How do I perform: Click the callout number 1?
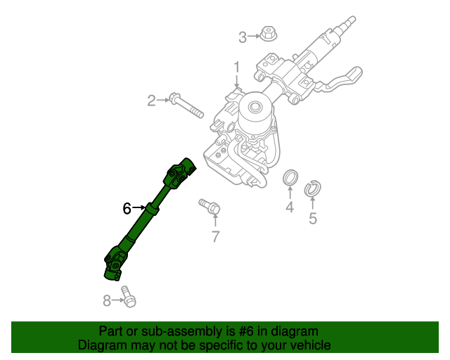tap(237, 67)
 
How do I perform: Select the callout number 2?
tap(151, 101)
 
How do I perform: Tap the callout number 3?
tap(243, 37)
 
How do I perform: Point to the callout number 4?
tap(289, 207)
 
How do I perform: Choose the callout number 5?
tap(313, 219)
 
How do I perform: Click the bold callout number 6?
tap(127, 208)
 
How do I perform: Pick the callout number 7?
tap(216, 236)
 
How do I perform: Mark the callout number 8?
tap(108, 301)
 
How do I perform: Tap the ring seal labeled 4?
tap(290, 179)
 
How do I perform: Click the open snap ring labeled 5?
tap(312, 188)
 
